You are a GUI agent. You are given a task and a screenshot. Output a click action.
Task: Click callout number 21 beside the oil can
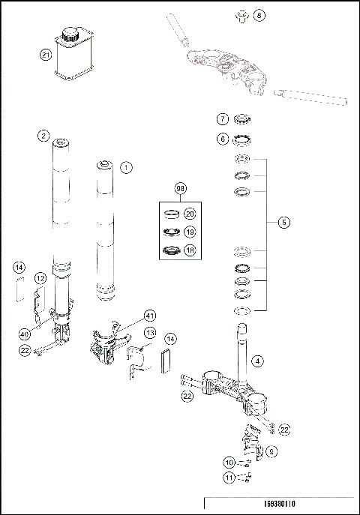click(x=46, y=54)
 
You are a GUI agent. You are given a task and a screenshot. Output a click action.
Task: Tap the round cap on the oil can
click(x=71, y=33)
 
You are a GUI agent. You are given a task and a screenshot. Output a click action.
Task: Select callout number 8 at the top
click(x=259, y=14)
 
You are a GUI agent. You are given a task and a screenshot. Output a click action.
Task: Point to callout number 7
click(x=222, y=118)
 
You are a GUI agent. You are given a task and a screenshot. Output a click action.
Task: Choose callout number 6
click(x=222, y=139)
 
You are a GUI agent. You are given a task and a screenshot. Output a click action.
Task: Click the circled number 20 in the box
click(x=190, y=214)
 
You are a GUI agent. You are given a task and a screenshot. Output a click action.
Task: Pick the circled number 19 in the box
click(x=190, y=232)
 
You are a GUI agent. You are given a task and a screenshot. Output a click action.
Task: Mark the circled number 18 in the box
click(x=190, y=250)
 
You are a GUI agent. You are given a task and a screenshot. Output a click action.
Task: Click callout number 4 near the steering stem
click(x=257, y=361)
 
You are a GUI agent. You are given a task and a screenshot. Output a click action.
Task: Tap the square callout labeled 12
click(x=40, y=278)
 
